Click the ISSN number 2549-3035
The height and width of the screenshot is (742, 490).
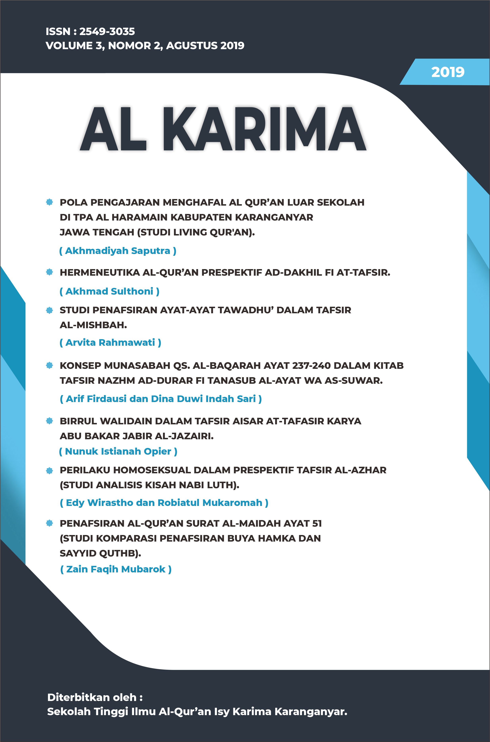click(x=107, y=31)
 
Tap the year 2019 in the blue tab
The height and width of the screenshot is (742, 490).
click(x=448, y=72)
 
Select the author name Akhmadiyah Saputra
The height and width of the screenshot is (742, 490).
click(x=118, y=251)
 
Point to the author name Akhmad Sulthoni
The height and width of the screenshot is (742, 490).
click(x=109, y=291)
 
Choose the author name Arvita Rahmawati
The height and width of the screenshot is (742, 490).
click(x=110, y=343)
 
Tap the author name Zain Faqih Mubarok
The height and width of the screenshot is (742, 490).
click(x=116, y=569)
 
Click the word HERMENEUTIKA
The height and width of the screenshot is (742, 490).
click(x=99, y=273)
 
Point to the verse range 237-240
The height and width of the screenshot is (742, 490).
click(x=311, y=365)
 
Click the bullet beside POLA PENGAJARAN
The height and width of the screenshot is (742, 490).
click(x=49, y=202)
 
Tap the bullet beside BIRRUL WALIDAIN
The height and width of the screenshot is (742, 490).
click(x=49, y=421)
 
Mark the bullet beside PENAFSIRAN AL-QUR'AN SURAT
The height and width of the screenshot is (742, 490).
click(x=49, y=523)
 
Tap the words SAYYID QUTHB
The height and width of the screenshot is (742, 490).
click(x=100, y=553)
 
